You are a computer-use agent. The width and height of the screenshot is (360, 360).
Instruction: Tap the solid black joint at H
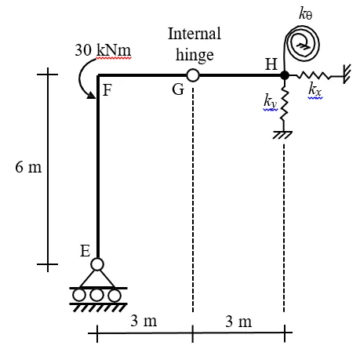coord(285,75)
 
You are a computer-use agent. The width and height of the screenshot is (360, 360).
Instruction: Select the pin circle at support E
coord(97,264)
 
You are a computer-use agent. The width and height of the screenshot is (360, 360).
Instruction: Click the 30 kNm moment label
coord(103,50)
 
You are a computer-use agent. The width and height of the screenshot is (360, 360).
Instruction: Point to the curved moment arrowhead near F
coord(91,96)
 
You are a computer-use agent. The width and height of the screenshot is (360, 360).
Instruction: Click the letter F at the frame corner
coord(107,90)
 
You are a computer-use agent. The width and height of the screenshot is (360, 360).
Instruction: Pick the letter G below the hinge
coord(178,89)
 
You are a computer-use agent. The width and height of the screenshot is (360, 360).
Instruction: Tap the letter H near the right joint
coord(271,64)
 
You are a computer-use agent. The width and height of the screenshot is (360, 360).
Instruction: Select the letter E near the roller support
coord(85,251)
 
